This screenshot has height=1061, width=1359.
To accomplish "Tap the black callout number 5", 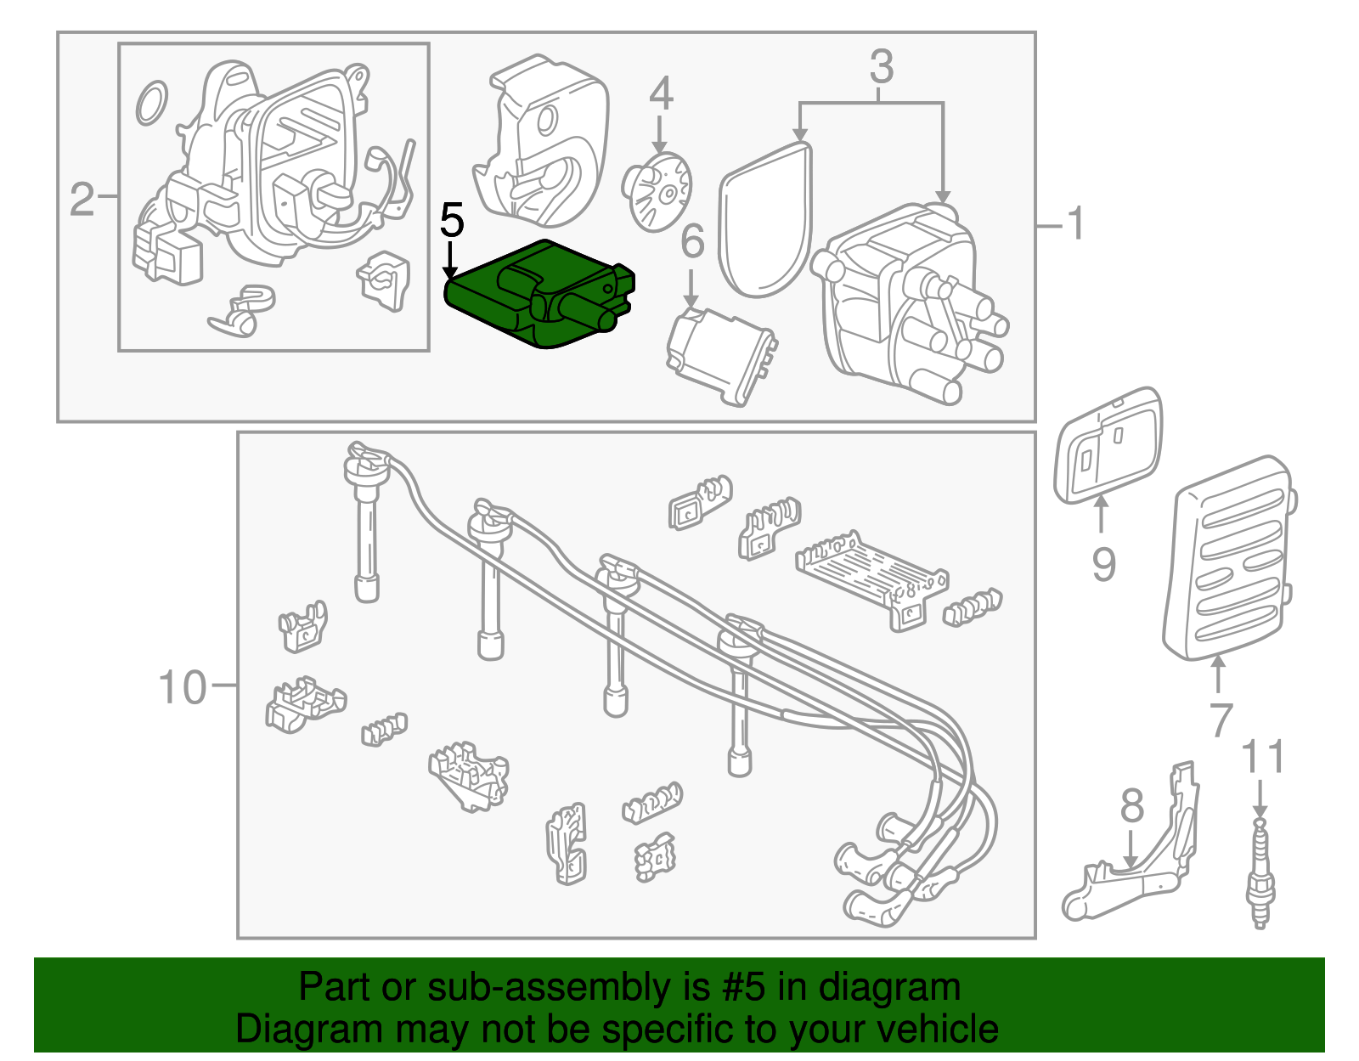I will [452, 221].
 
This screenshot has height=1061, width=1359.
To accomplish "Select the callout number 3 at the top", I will [881, 66].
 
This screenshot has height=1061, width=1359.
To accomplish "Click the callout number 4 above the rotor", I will [660, 93].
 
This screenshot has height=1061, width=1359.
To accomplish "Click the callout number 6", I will [692, 241].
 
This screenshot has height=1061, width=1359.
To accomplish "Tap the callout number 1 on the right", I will [1075, 224].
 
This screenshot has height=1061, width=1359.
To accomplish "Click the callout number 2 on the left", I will [82, 200].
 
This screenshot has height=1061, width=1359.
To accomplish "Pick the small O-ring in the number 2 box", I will [151, 104].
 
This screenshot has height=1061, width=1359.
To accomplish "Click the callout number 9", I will [1102, 564].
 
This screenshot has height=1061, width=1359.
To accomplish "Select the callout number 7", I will [1220, 720].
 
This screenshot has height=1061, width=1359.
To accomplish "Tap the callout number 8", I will [1131, 805].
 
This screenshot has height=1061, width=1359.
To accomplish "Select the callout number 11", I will [1262, 758].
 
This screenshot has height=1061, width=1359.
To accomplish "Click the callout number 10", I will [182, 686].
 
